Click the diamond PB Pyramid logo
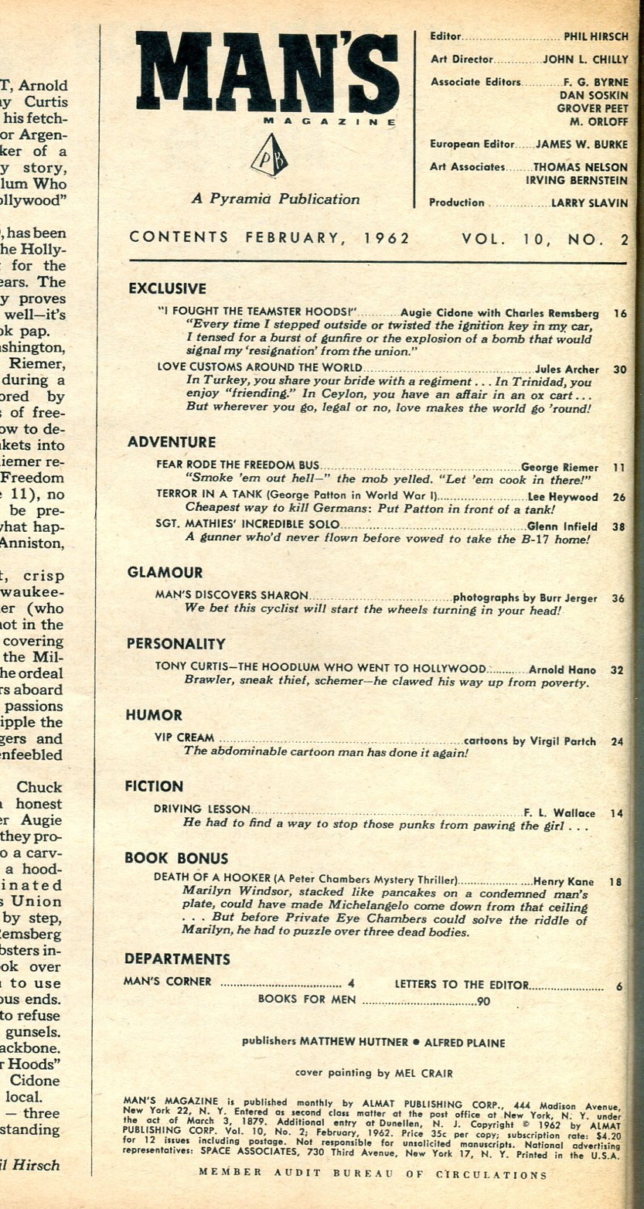[268, 156]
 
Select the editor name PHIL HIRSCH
[596, 36]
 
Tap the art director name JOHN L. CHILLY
[585, 59]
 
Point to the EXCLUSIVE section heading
[167, 289]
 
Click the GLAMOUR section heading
[165, 573]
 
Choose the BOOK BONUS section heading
[176, 858]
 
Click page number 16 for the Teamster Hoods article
[619, 314]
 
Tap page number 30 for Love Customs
[619, 370]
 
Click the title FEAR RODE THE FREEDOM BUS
[237, 467]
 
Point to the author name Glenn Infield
[568, 525]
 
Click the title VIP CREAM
[184, 738]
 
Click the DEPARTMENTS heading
[177, 959]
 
